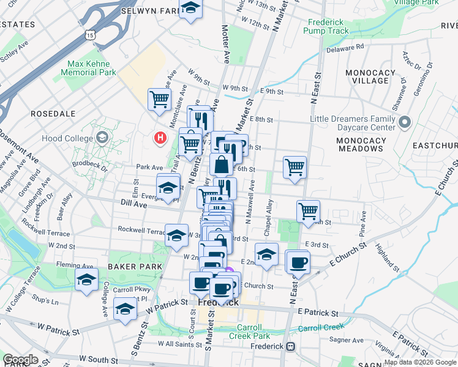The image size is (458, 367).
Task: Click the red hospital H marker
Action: pyautogui.click(x=160, y=138)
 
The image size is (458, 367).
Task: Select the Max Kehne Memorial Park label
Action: pyautogui.click(x=92, y=67)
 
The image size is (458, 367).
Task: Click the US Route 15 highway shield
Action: pyautogui.click(x=91, y=36)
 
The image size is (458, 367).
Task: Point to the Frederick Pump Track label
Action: pyautogui.click(x=326, y=26)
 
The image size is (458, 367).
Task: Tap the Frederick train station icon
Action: pyautogui.click(x=291, y=346)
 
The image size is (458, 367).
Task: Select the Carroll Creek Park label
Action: pyautogui.click(x=250, y=331)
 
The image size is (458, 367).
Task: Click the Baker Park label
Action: pyautogui.click(x=134, y=267)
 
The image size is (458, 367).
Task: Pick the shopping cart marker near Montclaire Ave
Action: pyautogui.click(x=159, y=99)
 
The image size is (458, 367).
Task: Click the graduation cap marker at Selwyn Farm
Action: pyautogui.click(x=190, y=10)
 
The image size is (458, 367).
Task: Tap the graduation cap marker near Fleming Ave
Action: pyautogui.click(x=86, y=280)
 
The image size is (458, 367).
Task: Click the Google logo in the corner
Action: pyautogui.click(x=20, y=360)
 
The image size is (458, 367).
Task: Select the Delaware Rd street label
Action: pyautogui.click(x=344, y=46)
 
